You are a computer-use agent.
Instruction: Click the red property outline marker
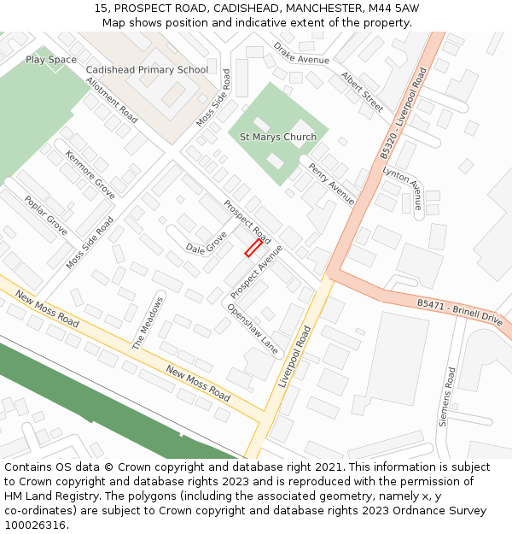tap(253, 248)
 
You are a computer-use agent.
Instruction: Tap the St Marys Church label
tap(278, 137)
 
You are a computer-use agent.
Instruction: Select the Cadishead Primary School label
tap(147, 69)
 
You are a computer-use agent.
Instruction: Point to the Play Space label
tap(50, 60)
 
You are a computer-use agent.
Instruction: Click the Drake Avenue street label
tap(301, 53)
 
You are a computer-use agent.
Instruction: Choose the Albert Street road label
tap(362, 91)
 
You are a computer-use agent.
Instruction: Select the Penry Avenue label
tap(331, 184)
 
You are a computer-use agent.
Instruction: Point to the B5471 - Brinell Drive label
tap(461, 309)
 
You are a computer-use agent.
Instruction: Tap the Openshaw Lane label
tap(253, 329)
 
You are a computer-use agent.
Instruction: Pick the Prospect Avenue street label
tap(256, 271)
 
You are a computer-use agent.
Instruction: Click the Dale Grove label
tap(207, 243)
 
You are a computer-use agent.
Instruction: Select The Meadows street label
tap(147, 323)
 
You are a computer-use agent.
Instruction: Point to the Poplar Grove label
tap(45, 215)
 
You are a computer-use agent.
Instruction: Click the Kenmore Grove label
tap(90, 174)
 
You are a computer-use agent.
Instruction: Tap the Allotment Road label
tap(112, 100)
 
